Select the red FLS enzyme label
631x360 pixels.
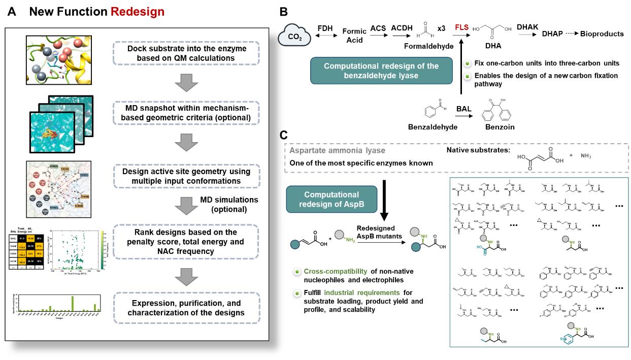[461, 28]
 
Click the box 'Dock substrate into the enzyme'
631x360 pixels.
[187, 52]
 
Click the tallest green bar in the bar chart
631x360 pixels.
[73, 303]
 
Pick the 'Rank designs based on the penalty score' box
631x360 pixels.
[187, 241]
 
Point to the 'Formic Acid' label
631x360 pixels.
[354, 36]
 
